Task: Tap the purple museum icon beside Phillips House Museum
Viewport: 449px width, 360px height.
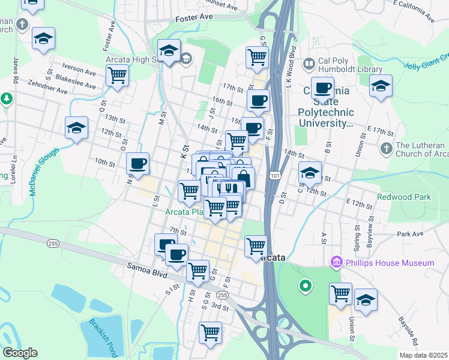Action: [337, 263]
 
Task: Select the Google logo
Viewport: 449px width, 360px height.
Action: [20, 353]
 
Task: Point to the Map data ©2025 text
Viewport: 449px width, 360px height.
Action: [423, 355]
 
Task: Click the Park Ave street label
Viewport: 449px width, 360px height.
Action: [409, 234]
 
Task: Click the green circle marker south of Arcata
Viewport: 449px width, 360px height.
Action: [306, 286]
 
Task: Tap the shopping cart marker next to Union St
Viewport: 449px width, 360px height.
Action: [340, 294]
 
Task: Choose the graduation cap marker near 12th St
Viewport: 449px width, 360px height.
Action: [77, 128]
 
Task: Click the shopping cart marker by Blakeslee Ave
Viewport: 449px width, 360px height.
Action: [117, 76]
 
